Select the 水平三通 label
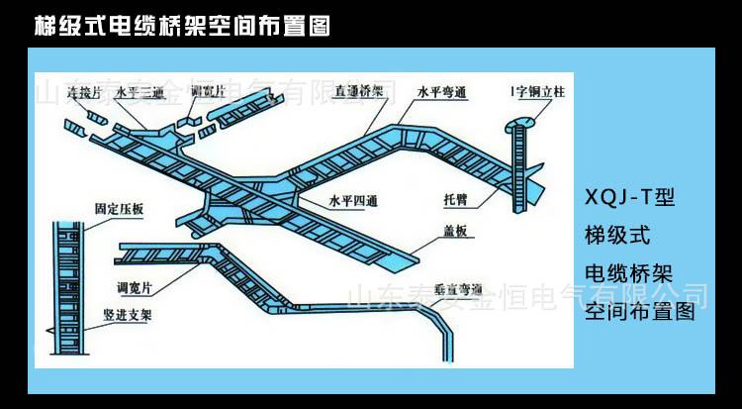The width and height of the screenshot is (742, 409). [x=139, y=91]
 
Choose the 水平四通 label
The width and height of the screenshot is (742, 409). [x=355, y=200]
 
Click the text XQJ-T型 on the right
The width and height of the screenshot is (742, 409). [x=629, y=199]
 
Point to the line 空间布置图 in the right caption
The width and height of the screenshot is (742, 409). [x=639, y=313]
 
